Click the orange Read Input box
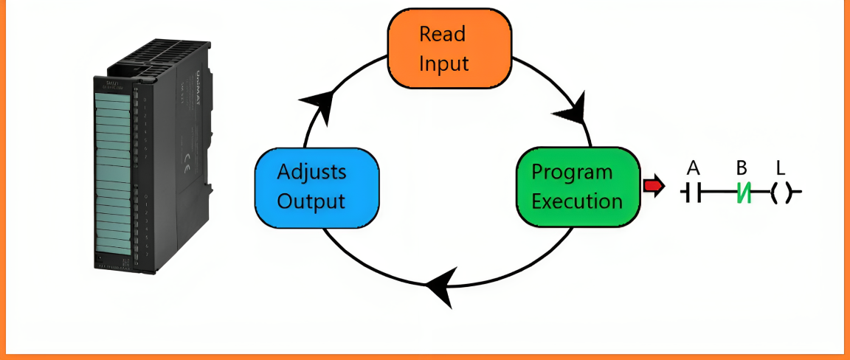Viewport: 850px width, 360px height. (449, 48)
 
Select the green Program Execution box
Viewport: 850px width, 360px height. (577, 186)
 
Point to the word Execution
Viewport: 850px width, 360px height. (577, 201)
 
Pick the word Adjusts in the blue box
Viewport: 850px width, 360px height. (311, 172)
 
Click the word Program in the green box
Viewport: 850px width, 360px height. (573, 172)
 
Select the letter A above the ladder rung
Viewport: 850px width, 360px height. (693, 168)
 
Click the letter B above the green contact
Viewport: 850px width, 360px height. (742, 168)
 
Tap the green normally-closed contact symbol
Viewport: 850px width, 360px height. (743, 193)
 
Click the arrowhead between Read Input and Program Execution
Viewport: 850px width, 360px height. (570, 110)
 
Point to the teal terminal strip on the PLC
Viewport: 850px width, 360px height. (111, 177)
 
